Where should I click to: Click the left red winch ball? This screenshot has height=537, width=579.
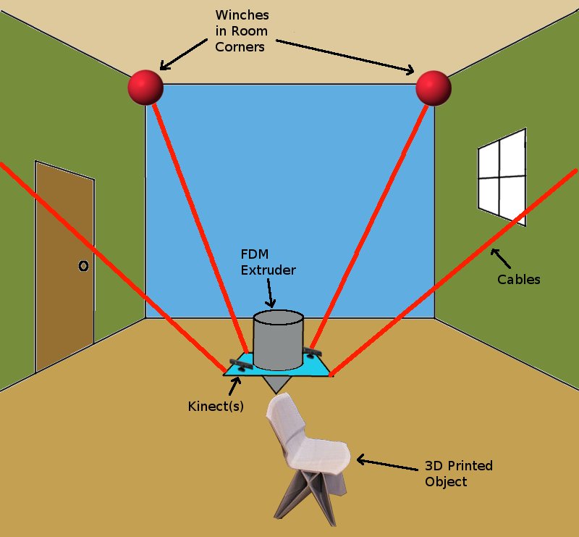tap(145, 88)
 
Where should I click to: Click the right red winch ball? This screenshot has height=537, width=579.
tap(434, 88)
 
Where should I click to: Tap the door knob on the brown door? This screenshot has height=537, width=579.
tap(83, 267)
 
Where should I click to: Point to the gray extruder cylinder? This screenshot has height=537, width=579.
tap(277, 340)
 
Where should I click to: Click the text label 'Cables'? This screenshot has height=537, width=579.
tap(519, 279)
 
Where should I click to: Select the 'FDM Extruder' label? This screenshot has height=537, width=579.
tap(268, 262)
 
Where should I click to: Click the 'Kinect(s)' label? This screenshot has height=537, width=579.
tap(215, 407)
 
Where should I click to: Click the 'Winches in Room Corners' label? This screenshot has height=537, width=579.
tap(242, 31)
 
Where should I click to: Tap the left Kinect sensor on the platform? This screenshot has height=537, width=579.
tap(241, 365)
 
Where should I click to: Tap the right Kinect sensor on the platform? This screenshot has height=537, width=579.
tap(313, 353)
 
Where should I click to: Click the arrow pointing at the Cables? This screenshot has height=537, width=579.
tap(500, 258)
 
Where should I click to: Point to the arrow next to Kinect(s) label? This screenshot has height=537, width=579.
tap(234, 383)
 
